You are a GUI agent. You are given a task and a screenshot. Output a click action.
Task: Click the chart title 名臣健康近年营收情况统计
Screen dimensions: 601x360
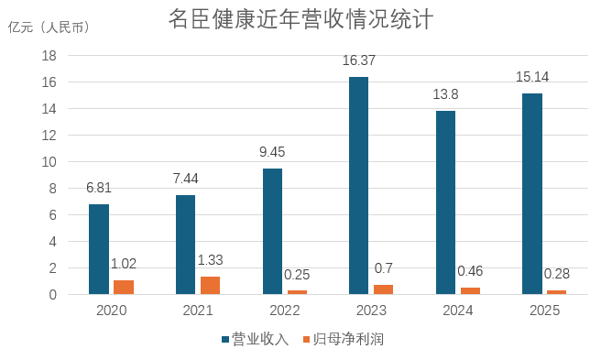pos(300,19)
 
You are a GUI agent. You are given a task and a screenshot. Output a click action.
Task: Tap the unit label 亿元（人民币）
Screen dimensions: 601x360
pos(49,27)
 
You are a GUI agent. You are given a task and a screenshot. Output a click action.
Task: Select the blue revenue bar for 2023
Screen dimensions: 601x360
pos(358,186)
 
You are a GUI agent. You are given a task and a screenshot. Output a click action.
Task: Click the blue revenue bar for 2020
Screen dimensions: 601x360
pos(99,249)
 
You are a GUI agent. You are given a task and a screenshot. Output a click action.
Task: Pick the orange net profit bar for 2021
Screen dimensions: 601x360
pos(210,286)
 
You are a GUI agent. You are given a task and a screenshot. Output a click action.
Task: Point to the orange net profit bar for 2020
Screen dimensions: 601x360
pos(124,288)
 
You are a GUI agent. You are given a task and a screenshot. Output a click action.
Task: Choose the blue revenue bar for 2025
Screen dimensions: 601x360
pos(532,194)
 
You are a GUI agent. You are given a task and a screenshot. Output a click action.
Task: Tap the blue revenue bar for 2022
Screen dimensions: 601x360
pos(272,232)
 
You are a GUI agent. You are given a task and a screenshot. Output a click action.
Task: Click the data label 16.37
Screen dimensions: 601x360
pos(359,60)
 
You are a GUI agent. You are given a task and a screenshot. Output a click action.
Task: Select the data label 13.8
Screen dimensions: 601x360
pos(445,94)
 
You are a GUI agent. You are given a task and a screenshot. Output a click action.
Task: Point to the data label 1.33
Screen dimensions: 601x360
pos(210,260)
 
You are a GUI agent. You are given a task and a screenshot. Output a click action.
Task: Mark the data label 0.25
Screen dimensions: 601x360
pos(297,275)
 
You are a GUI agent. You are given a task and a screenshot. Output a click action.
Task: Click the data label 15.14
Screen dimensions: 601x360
pos(532,77)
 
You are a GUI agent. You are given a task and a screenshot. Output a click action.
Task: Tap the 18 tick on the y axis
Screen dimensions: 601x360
pos(49,56)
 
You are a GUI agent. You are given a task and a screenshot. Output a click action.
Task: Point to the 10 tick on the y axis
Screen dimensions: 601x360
pos(49,162)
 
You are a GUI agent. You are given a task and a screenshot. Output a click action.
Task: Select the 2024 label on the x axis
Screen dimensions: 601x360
pos(458,311)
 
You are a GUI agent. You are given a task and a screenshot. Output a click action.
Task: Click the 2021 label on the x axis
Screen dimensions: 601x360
pos(198,311)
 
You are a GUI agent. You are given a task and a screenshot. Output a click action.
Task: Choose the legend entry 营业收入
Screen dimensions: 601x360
pos(256,339)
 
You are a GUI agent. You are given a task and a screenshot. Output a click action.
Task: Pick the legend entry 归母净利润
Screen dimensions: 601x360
pos(344,339)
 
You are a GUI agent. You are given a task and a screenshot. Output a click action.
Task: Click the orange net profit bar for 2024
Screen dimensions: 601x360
pos(470,291)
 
